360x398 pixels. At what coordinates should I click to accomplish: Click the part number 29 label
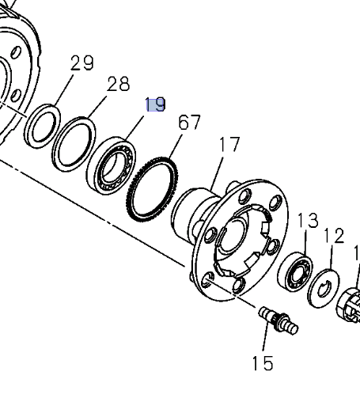pyautogui.click(x=82, y=63)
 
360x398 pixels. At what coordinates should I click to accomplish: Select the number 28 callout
pyautogui.click(x=118, y=84)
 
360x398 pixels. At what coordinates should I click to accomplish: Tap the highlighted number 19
pyautogui.click(x=155, y=104)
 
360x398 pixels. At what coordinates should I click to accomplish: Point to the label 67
pyautogui.click(x=189, y=123)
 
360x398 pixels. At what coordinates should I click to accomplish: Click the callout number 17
pyautogui.click(x=229, y=145)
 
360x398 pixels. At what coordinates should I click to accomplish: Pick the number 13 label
pyautogui.click(x=307, y=220)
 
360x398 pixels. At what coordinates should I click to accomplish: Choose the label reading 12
pyautogui.click(x=334, y=235)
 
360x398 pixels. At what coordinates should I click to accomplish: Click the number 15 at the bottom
pyautogui.click(x=263, y=363)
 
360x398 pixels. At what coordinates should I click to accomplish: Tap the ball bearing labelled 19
pyautogui.click(x=113, y=166)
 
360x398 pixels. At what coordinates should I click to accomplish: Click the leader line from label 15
pyautogui.click(x=264, y=341)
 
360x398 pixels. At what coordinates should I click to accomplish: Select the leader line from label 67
pyautogui.click(x=176, y=146)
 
